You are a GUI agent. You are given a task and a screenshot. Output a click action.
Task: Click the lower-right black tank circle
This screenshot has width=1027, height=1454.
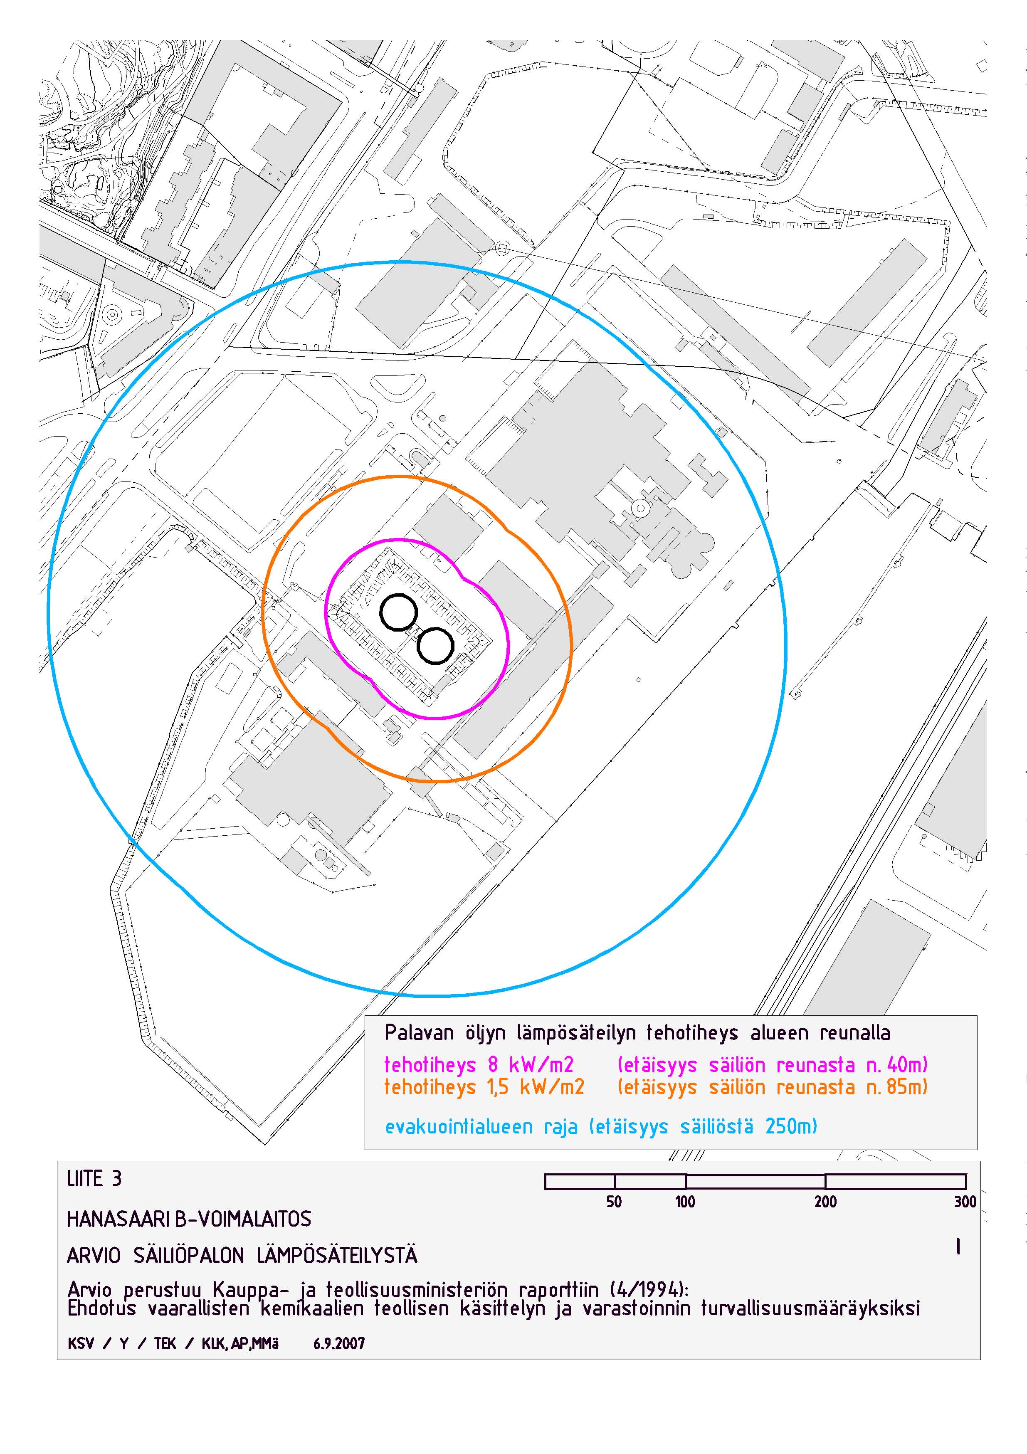419,647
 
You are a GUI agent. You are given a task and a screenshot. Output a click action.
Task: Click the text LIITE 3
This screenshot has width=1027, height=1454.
94,1178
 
